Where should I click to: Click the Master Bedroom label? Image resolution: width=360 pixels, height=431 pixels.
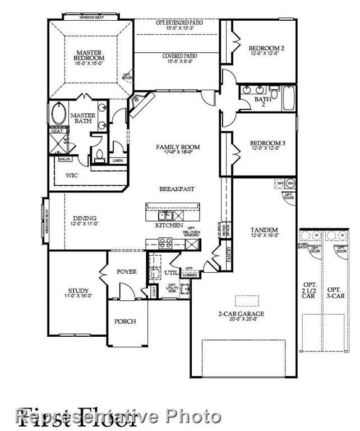pyautogui.click(x=90, y=56)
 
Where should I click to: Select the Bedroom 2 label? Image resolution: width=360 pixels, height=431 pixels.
pyautogui.click(x=266, y=48)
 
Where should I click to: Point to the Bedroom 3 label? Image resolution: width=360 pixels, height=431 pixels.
pyautogui.click(x=267, y=144)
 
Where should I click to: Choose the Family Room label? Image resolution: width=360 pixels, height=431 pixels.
pyautogui.click(x=177, y=147)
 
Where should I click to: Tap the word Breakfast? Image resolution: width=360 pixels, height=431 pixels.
pyautogui.click(x=177, y=189)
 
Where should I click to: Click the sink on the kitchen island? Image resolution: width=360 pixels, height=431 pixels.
pyautogui.click(x=165, y=215)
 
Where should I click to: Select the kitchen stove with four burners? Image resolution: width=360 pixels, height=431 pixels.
pyautogui.click(x=165, y=243)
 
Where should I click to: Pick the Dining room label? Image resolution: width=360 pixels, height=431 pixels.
pyautogui.click(x=84, y=218)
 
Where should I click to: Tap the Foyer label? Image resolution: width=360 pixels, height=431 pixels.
pyautogui.click(x=127, y=272)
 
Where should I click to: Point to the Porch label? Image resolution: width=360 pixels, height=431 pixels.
pyautogui.click(x=125, y=322)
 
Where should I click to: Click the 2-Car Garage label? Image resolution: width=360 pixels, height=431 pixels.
pyautogui.click(x=241, y=314)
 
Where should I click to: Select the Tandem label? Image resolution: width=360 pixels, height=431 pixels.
pyautogui.click(x=264, y=230)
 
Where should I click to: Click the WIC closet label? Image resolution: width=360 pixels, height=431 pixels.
pyautogui.click(x=71, y=175)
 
